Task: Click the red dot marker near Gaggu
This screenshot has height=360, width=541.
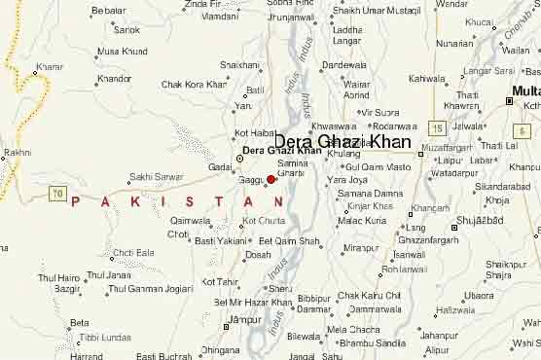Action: pyautogui.click(x=271, y=179)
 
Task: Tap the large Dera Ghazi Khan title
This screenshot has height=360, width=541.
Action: pyautogui.click(x=342, y=141)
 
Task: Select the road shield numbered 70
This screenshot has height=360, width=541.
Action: pyautogui.click(x=57, y=195)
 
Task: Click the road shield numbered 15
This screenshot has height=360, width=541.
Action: pyautogui.click(x=438, y=127)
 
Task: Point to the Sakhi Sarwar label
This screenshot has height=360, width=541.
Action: pyautogui.click(x=156, y=177)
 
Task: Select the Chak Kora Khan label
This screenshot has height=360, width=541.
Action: pyautogui.click(x=194, y=85)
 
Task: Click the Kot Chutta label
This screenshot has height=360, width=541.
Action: pyautogui.click(x=263, y=221)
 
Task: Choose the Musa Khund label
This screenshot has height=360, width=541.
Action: pyautogui.click(x=123, y=51)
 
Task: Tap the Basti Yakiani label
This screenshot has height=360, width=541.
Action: pyautogui.click(x=221, y=240)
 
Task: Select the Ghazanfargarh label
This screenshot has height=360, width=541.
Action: pyautogui.click(x=428, y=239)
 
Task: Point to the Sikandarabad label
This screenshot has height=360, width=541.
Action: pyautogui.click(x=502, y=186)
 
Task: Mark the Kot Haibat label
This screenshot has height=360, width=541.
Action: pyautogui.click(x=255, y=132)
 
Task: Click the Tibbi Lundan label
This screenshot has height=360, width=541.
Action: pyautogui.click(x=104, y=337)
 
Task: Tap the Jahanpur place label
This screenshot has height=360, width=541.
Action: pyautogui.click(x=439, y=336)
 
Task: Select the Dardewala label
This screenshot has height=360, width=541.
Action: pyautogui.click(x=343, y=65)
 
